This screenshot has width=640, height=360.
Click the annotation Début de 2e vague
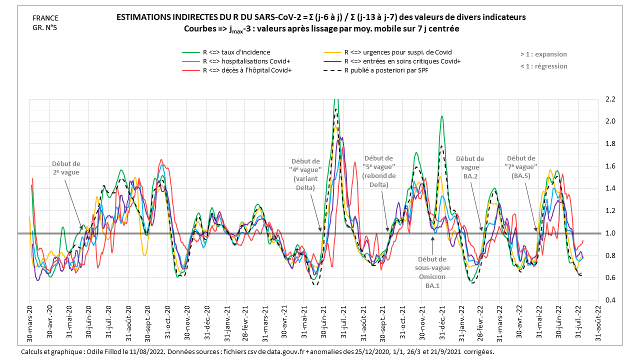(66, 168)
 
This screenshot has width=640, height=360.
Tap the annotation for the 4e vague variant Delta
(305, 174)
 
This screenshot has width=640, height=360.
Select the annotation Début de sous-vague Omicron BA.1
(432, 272)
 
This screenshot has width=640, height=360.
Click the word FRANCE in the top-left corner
(44, 18)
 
